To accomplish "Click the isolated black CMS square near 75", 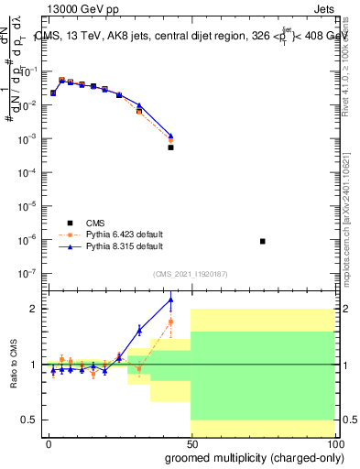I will point(263,241).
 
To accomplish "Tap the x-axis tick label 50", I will point(191,442).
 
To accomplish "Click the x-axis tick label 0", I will point(49,442).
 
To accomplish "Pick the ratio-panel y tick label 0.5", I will point(30,420).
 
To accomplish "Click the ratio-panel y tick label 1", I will point(34,365).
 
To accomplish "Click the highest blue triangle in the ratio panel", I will point(170,300).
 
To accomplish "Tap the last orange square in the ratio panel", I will point(170,322).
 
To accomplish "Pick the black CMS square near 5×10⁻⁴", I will point(170,147).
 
